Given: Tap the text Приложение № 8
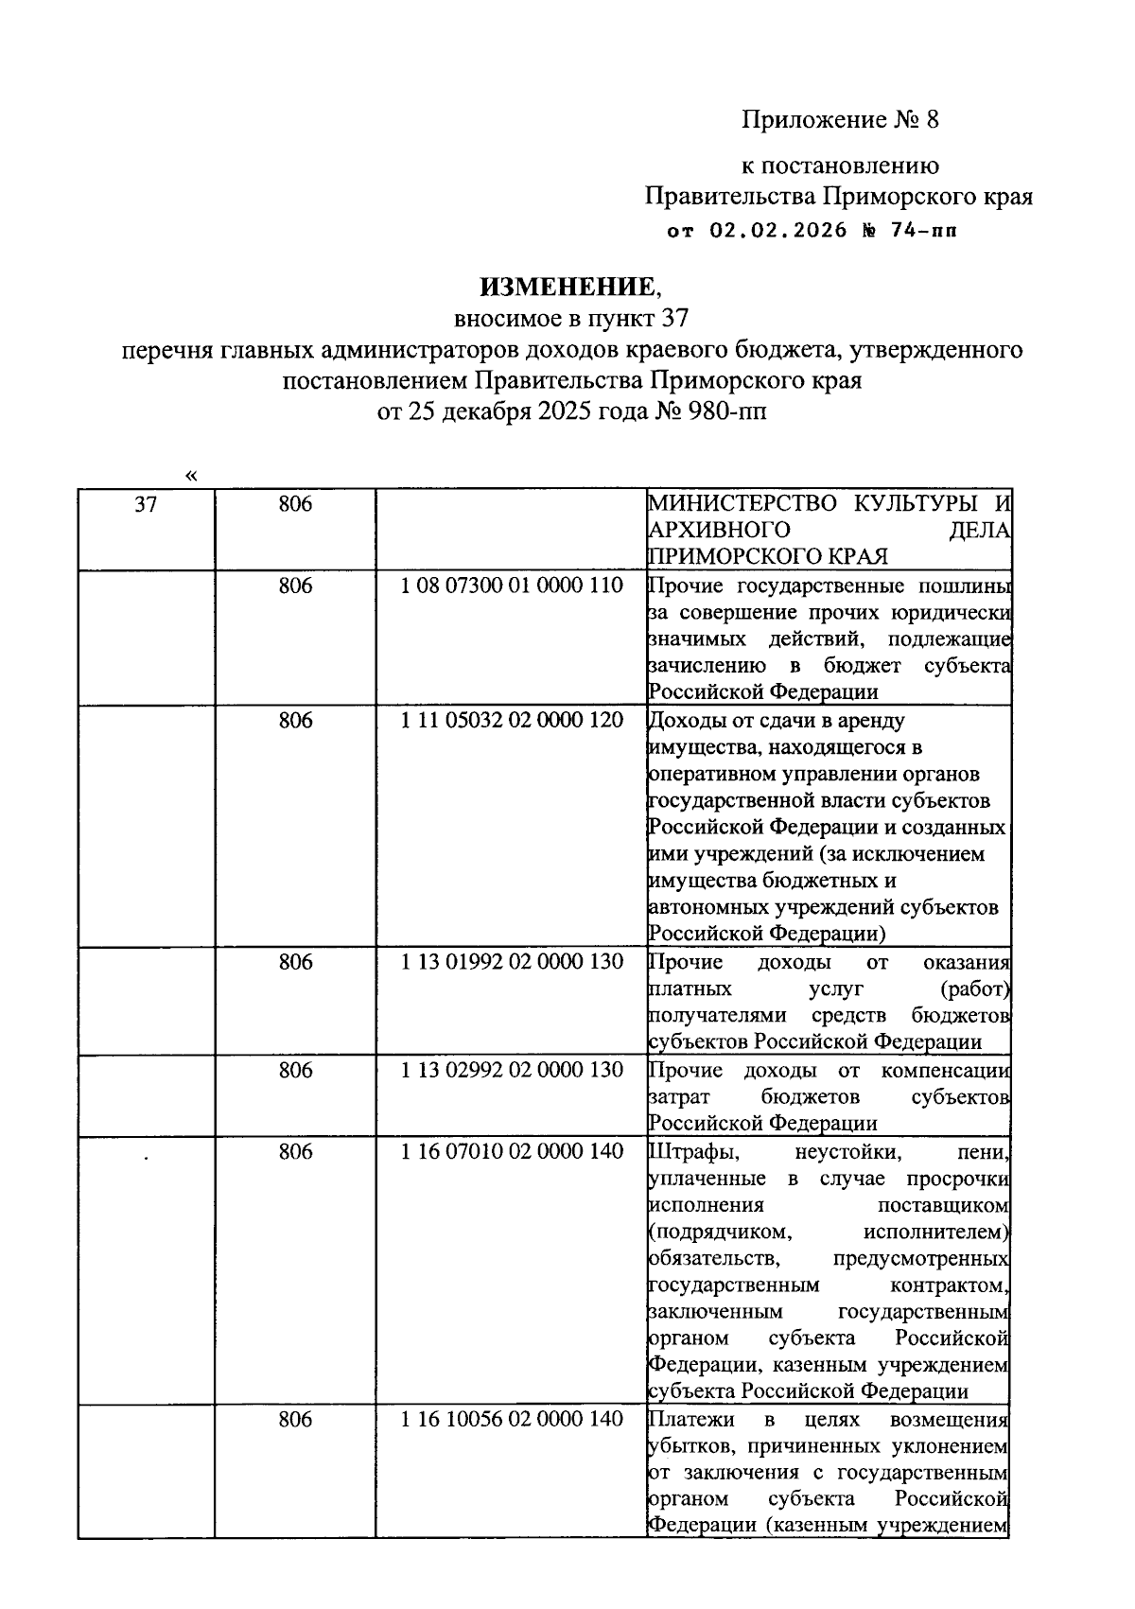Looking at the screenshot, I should (840, 120).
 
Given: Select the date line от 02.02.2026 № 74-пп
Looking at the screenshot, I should (812, 230).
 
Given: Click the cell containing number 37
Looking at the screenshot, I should (146, 504).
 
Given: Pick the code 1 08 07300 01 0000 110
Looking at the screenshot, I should (512, 586).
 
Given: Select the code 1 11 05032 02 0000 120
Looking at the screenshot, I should (512, 720).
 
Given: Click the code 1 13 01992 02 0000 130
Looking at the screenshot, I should (512, 962).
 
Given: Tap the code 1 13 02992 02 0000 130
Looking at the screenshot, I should (512, 1070).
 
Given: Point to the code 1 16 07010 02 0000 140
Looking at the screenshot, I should (512, 1151).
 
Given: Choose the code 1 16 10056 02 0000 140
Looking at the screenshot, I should (512, 1419).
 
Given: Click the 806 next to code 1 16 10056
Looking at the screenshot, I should (295, 1419).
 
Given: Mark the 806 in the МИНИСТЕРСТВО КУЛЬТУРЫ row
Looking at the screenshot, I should (295, 504).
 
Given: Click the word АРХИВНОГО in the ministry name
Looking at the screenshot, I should (719, 529).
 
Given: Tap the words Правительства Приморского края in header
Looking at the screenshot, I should (838, 197).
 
